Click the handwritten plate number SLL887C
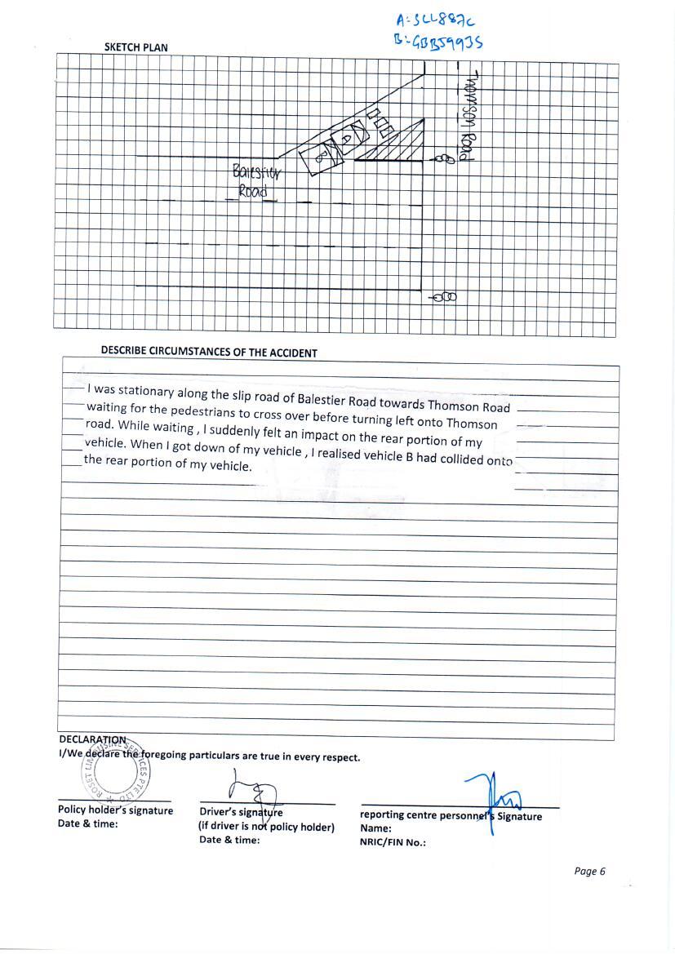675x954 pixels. [435, 20]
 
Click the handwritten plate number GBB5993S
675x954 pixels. [438, 40]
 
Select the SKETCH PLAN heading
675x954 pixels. [135, 47]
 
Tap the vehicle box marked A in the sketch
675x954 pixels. [348, 138]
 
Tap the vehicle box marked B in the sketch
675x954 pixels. [317, 158]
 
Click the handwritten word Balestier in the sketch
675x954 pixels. [255, 173]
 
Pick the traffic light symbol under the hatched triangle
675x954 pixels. [445, 158]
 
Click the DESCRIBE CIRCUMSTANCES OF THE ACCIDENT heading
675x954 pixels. [209, 353]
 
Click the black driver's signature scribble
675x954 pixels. [253, 792]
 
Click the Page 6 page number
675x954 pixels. [589, 871]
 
